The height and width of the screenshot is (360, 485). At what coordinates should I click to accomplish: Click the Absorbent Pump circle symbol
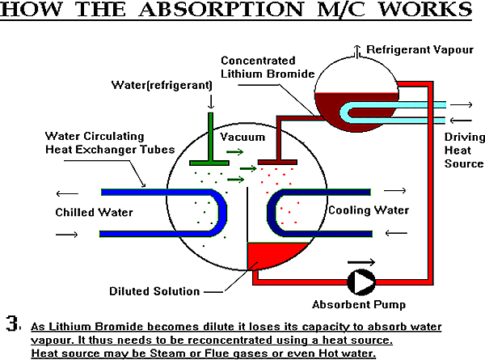pos(361,282)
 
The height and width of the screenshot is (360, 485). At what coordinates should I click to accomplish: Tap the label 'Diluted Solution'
pos(154,291)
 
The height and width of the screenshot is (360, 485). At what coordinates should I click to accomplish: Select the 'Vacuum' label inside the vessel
pos(242,138)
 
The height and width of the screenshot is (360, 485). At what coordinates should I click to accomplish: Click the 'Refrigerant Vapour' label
pos(420,49)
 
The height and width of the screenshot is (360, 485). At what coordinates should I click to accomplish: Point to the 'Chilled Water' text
pos(94,212)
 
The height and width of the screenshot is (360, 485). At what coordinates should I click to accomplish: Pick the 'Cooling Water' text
pos(369,210)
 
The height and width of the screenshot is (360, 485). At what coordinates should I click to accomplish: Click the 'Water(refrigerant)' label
pos(162,85)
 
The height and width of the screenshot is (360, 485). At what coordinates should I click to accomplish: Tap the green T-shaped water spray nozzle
pos(210,139)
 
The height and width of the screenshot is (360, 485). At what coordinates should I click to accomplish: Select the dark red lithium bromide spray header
pos(277,162)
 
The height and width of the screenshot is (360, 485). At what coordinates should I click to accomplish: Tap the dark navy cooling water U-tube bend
pos(272,213)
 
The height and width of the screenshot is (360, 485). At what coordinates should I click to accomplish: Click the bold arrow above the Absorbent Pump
pos(361,262)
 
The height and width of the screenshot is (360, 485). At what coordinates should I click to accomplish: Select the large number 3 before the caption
pos(13,324)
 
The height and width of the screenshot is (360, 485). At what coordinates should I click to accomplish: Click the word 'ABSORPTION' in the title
pos(221,9)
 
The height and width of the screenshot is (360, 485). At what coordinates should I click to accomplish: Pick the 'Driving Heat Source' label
pos(464,150)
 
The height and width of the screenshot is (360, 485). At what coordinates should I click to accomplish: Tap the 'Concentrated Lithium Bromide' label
pos(268,67)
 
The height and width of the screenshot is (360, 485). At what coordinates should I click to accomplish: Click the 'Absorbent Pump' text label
pos(359,305)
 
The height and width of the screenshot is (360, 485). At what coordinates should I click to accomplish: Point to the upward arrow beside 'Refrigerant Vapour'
pos(357,52)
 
